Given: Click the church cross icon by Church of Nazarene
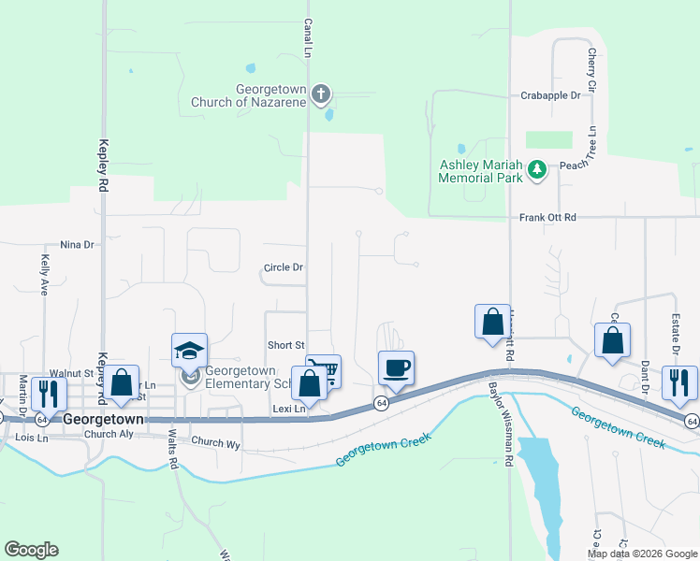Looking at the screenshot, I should coord(321,93).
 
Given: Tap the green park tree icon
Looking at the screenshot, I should coord(537,169).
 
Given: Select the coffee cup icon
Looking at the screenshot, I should coord(396,367).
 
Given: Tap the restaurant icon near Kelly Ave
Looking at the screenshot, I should coord(46,392).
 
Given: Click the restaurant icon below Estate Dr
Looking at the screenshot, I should coord(678,381).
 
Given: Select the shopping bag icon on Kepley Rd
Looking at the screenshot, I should coord(121,381).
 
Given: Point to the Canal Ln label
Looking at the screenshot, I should coord(307,37).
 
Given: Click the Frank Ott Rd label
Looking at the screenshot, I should coord(548,217).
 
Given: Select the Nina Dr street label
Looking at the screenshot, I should coord(78,245).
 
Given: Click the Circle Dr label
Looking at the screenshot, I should coord(284,267).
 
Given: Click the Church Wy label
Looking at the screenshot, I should coord(215,441).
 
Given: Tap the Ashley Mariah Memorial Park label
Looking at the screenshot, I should coord(480,169).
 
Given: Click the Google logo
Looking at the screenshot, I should coord(31,550).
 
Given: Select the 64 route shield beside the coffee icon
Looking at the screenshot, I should coord(381,402).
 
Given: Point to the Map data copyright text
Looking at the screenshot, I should coord(642,554).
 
